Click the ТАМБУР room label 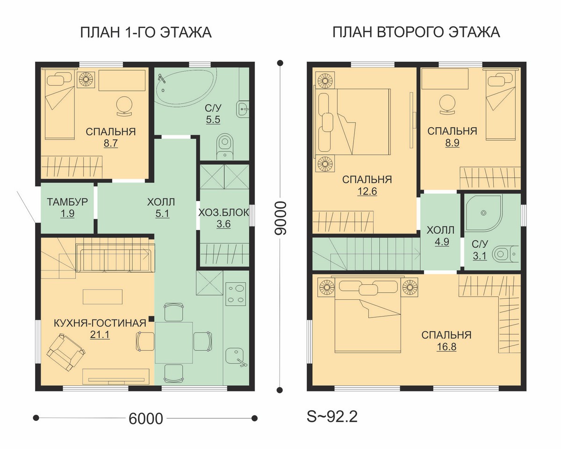(67, 202)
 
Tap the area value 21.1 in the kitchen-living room (100, 335)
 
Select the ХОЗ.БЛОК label (223, 213)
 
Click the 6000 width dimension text (146, 419)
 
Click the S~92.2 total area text (332, 417)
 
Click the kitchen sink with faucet (236, 357)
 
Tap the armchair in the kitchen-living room (66, 352)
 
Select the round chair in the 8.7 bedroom (124, 105)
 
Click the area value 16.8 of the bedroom (446, 347)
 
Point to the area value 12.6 (367, 191)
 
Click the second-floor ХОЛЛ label (440, 230)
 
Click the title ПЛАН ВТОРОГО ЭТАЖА (417, 32)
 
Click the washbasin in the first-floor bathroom (243, 108)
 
